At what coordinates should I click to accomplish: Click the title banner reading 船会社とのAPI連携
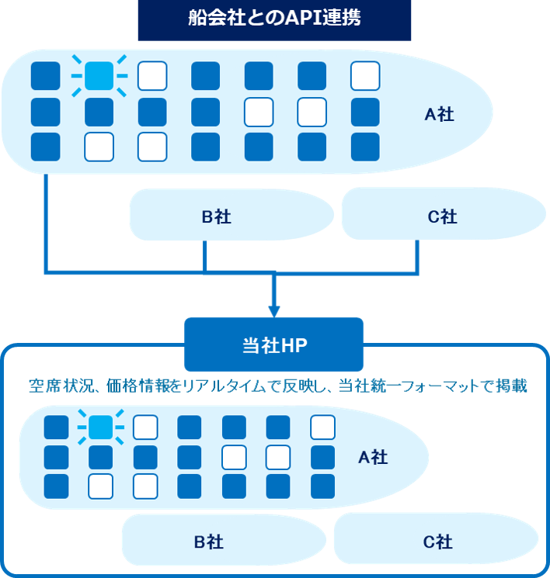point(273,20)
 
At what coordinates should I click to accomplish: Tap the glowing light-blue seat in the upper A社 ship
point(99,75)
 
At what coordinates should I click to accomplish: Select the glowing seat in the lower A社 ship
point(101,427)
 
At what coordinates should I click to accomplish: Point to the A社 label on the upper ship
point(439,115)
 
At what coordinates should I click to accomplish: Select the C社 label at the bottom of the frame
point(437,542)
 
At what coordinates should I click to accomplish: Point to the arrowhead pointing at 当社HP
point(273,309)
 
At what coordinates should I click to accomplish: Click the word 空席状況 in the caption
point(58,386)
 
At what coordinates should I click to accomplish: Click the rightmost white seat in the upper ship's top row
point(364,76)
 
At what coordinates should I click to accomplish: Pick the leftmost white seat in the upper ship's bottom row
point(99,147)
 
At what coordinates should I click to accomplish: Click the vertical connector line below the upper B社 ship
point(204,256)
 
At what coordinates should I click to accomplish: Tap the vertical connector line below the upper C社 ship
point(419,256)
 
